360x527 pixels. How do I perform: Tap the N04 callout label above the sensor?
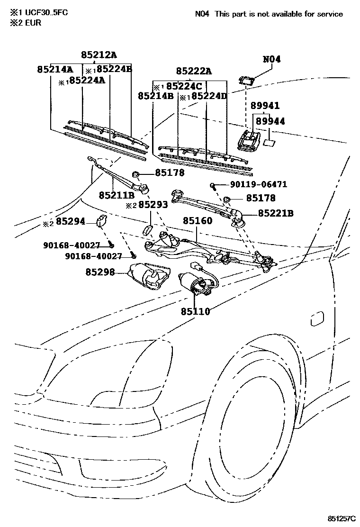click(x=271, y=59)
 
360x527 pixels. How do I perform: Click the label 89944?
click(x=270, y=121)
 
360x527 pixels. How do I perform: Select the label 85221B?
click(x=276, y=214)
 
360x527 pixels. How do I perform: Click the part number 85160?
click(x=198, y=221)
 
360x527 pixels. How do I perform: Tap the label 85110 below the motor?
click(x=195, y=311)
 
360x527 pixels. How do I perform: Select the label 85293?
click(x=153, y=205)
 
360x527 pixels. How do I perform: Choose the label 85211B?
click(x=117, y=195)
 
